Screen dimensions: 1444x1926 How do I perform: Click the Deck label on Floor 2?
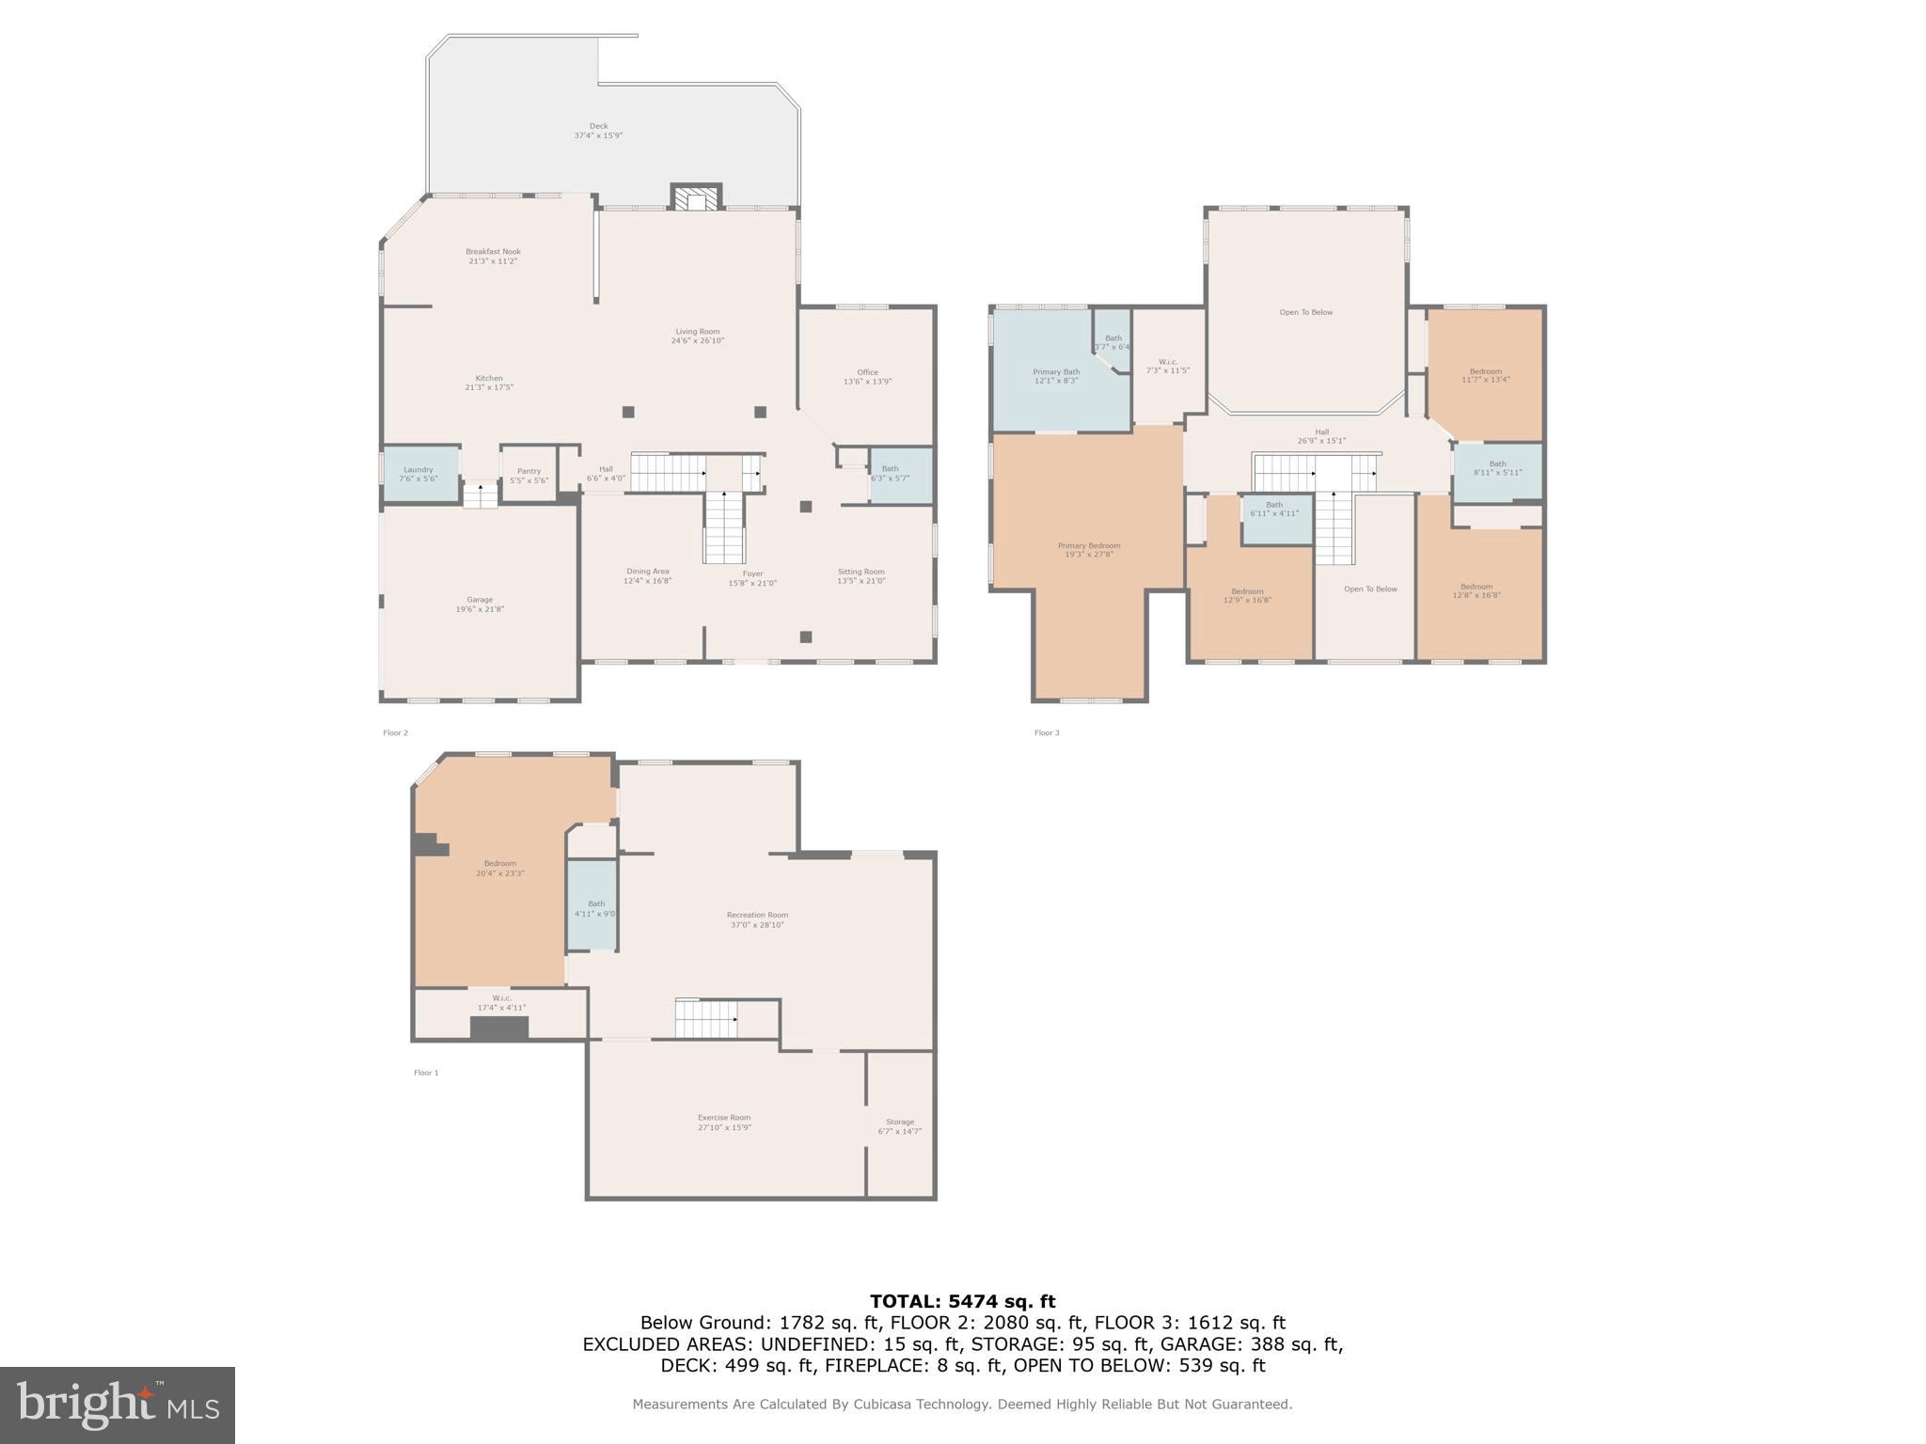coord(598,126)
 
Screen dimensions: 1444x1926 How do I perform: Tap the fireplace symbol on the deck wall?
coord(696,197)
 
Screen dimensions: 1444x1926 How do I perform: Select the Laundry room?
coord(419,474)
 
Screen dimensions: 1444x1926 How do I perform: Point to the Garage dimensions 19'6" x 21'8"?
coord(480,609)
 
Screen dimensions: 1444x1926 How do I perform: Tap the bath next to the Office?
coord(900,475)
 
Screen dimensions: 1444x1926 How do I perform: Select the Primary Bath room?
coord(1055,376)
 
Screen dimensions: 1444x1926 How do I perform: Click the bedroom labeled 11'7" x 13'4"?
coord(1485,375)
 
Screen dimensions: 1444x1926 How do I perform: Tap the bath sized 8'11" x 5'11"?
coord(1497,468)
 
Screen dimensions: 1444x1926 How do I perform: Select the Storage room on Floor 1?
coord(899,1125)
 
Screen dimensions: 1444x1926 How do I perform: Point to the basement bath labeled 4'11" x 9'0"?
coord(594,908)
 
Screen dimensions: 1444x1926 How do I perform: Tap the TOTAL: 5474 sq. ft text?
coord(962,1302)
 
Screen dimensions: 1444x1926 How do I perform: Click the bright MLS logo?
coord(118,1405)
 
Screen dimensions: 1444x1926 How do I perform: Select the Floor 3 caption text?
coord(1047,733)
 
